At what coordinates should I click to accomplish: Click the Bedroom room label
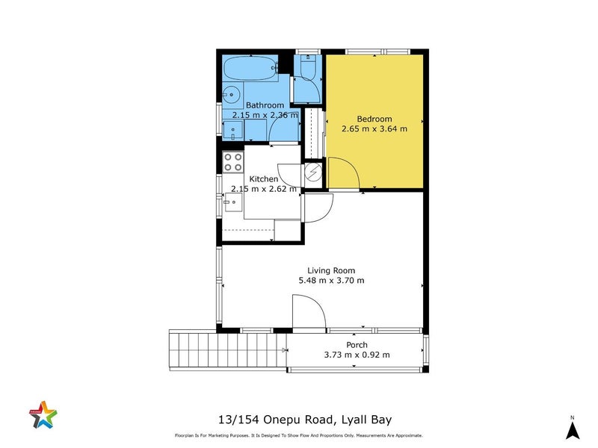pos(374,119)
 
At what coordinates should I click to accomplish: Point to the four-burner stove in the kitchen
pos(233,161)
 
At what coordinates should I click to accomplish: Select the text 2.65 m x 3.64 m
pos(374,128)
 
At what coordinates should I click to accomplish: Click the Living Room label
pos(331,270)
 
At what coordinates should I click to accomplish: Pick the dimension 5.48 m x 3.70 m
pos(331,281)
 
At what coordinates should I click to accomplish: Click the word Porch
pos(357,345)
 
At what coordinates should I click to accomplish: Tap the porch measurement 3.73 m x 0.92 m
pos(357,355)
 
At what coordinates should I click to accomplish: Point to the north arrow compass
pos(572,429)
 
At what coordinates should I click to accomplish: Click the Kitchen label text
pos(263,179)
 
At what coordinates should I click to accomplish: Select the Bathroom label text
pos(265,105)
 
